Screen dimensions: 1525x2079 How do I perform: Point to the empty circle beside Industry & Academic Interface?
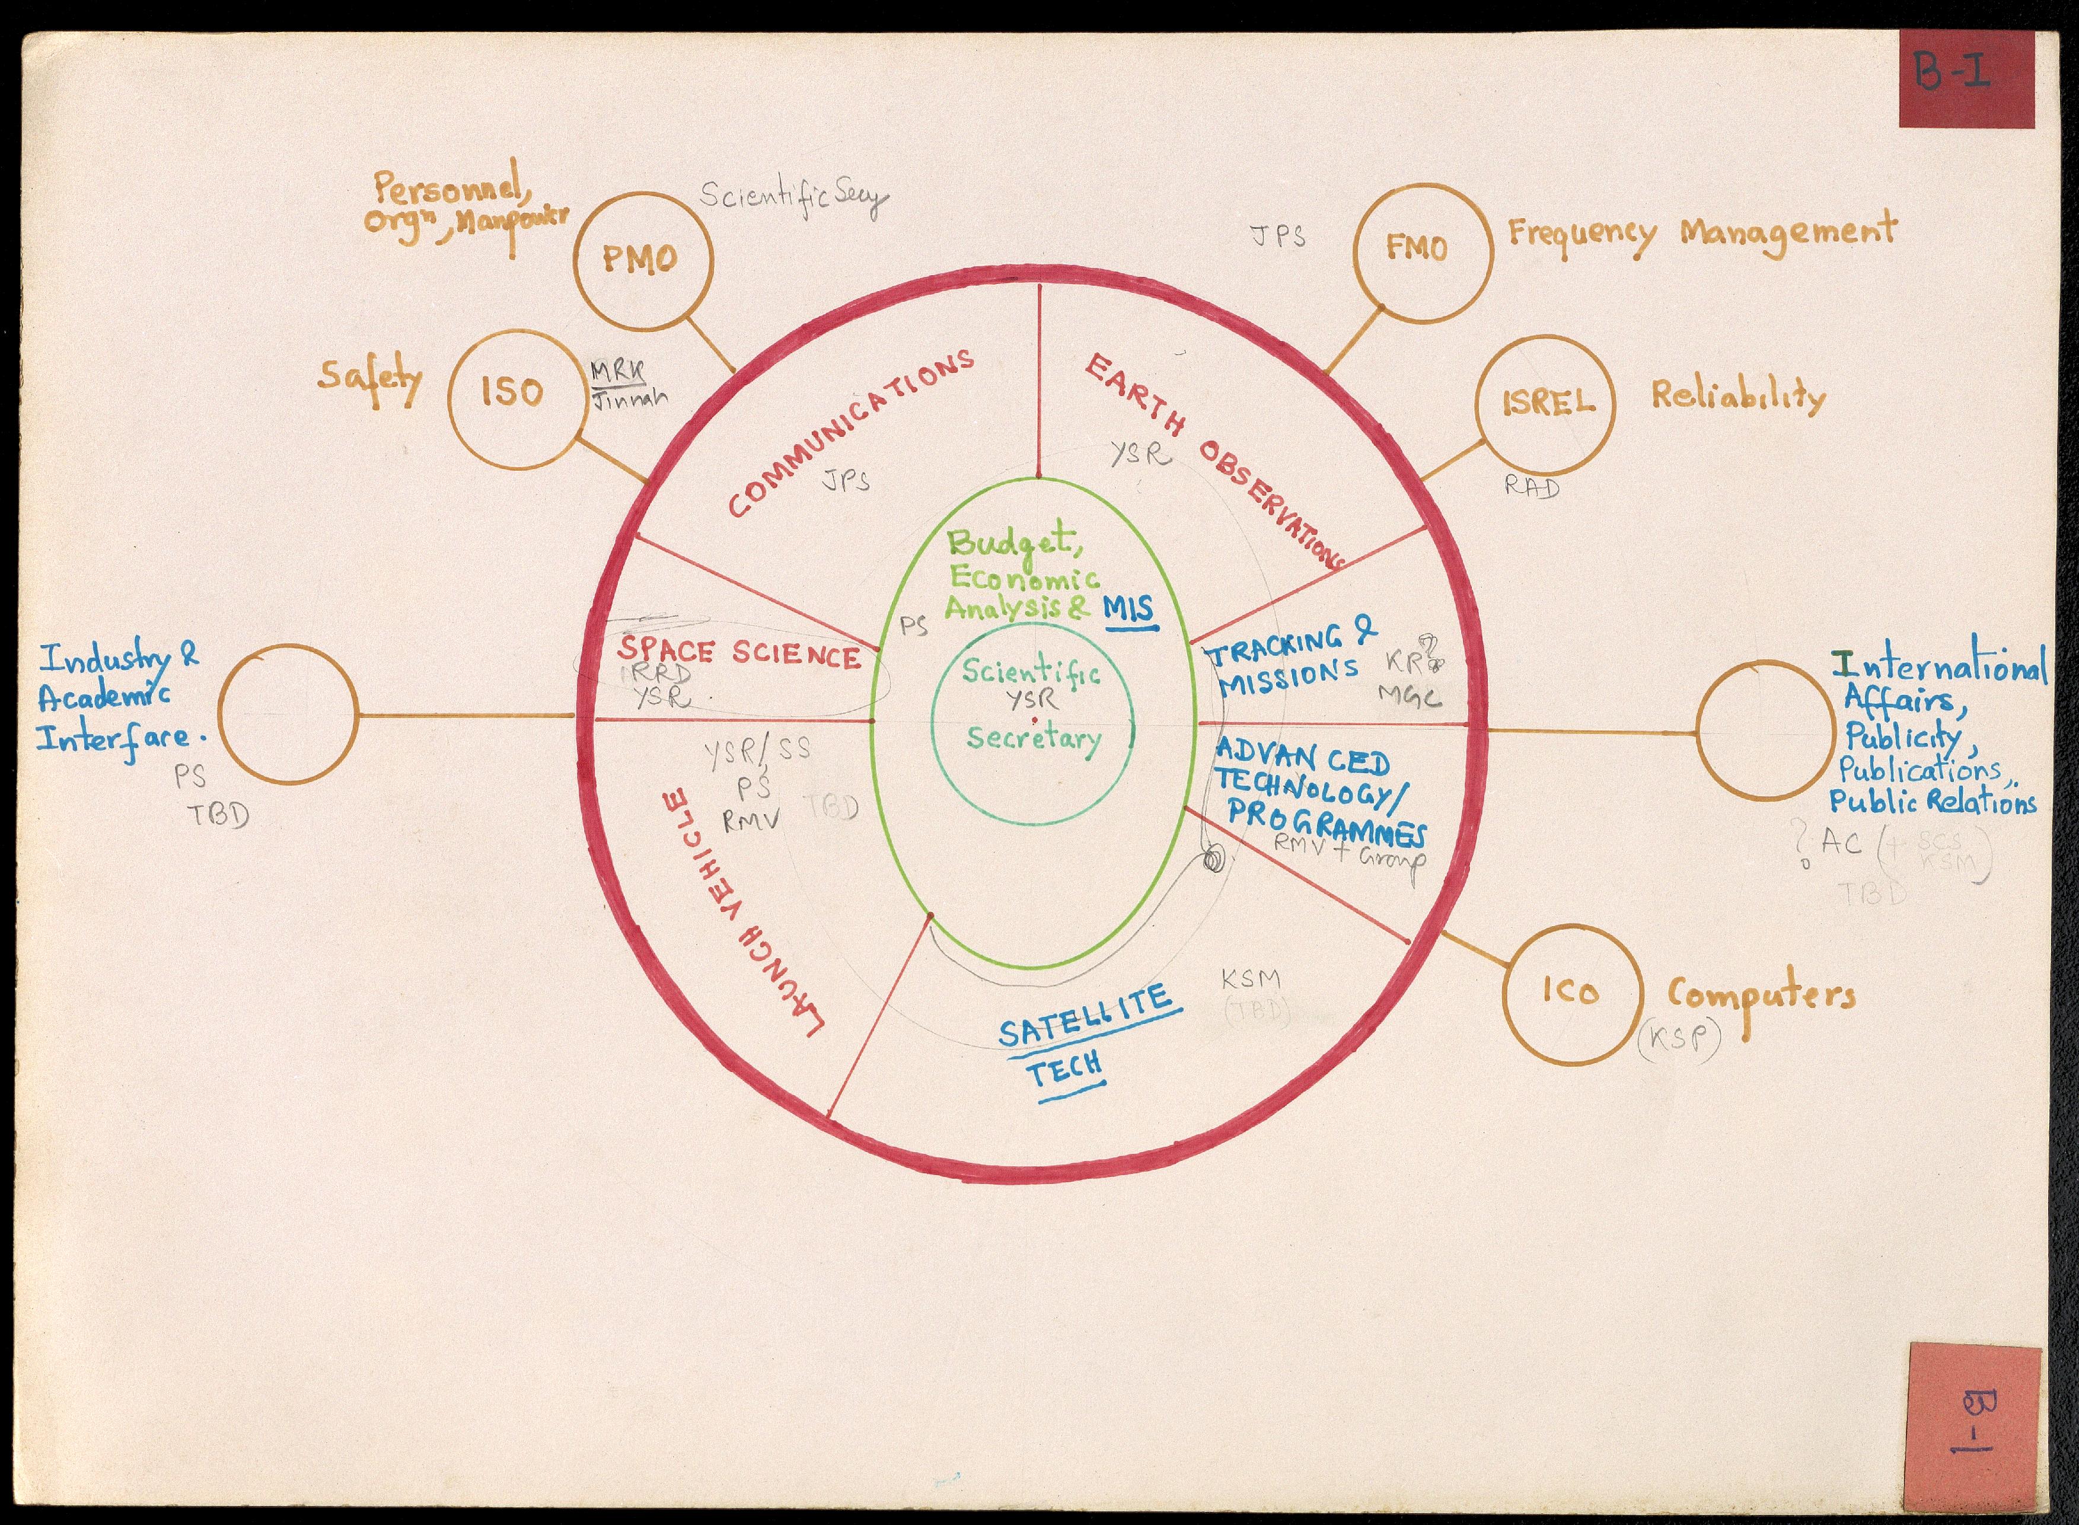(288, 716)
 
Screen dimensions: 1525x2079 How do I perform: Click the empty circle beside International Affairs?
(1764, 730)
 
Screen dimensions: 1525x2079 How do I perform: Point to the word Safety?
(370, 378)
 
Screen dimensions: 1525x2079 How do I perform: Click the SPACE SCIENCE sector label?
(738, 653)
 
